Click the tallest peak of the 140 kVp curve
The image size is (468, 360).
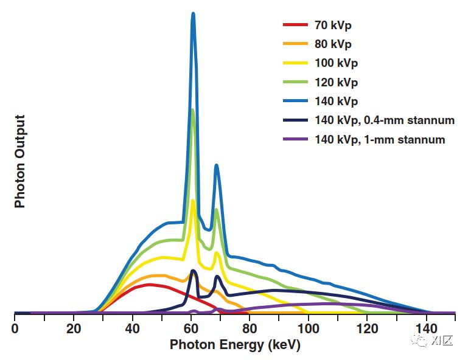194,15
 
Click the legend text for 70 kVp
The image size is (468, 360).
333,26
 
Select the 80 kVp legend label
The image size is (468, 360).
333,44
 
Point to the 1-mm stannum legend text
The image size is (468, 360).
380,139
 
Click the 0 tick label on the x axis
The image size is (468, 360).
15,328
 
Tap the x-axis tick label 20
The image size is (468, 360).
73,328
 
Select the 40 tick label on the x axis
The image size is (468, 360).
132,328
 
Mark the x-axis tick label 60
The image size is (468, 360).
191,328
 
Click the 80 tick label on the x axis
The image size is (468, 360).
250,328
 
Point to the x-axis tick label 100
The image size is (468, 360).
309,328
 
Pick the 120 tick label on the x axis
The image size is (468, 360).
367,328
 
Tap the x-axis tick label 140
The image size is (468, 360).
426,328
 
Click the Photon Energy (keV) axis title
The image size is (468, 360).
235,345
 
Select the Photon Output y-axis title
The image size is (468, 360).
20,161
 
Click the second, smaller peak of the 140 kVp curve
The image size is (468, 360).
216,166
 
